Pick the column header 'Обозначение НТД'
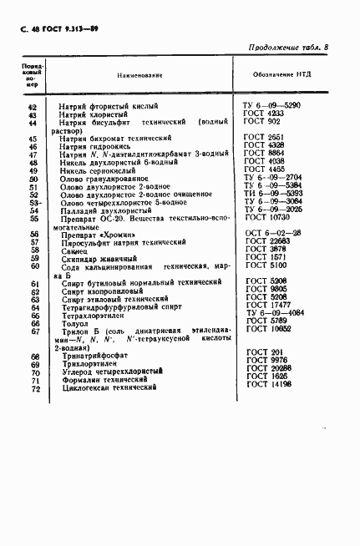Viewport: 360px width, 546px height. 282,75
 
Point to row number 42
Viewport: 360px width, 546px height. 33,107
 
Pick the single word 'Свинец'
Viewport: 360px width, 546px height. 74,250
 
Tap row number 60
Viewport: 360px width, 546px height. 33,265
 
